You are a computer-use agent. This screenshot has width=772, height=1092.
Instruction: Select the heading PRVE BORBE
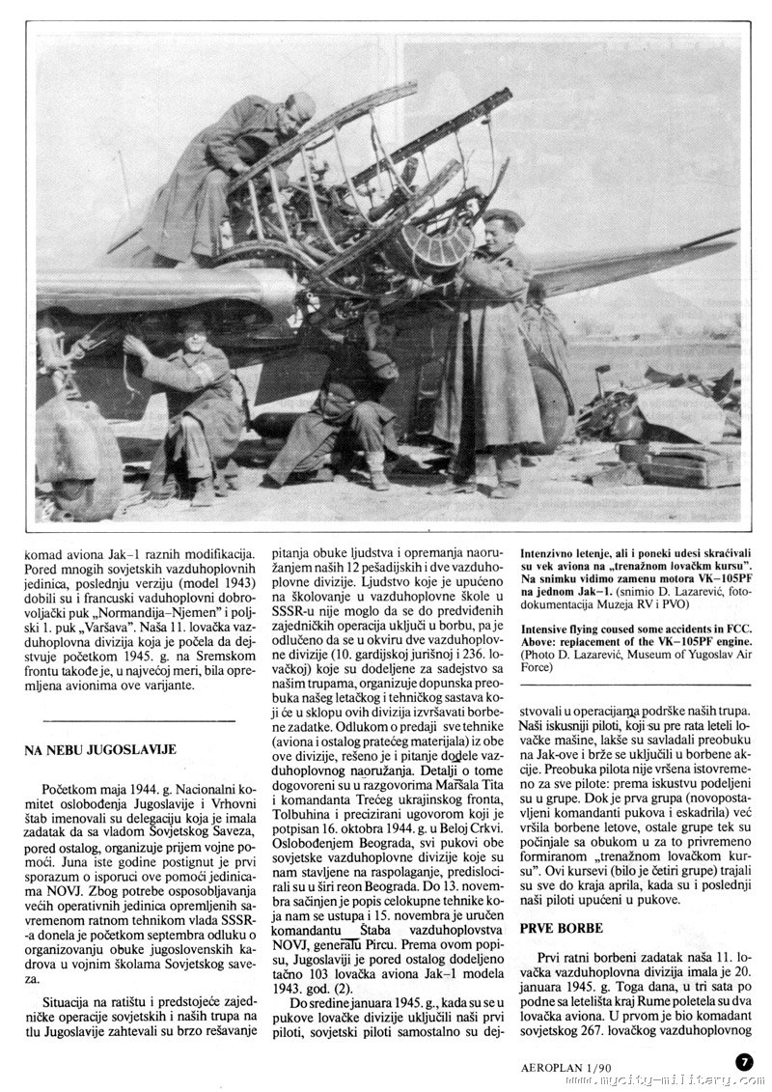561,928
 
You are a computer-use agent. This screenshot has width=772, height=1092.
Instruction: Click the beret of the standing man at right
502,219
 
